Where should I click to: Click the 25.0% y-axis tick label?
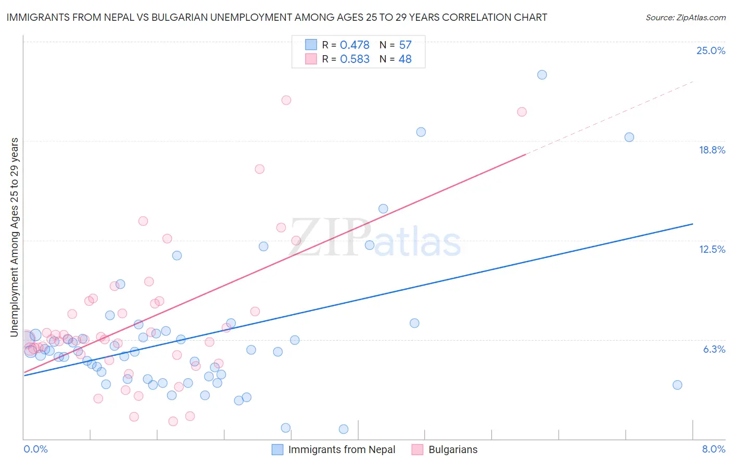point(711,50)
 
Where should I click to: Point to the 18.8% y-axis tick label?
point(712,150)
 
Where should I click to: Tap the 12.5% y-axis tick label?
point(712,249)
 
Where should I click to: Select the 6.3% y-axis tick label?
point(714,349)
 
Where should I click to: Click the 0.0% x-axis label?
point(35,449)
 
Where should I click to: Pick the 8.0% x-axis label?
point(713,449)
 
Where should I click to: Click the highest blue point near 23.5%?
point(542,74)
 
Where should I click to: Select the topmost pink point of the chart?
point(286,100)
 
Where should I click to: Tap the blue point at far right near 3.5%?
point(677,385)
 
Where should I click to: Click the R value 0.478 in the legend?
point(355,45)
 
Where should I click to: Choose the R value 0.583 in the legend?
point(355,59)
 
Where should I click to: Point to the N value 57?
point(405,45)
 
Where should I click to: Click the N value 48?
point(405,59)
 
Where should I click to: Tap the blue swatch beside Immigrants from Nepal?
point(277,449)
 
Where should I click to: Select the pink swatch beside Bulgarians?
point(417,449)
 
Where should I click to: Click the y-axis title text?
point(15,237)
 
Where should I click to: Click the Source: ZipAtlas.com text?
point(685,18)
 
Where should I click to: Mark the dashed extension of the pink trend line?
point(609,118)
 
